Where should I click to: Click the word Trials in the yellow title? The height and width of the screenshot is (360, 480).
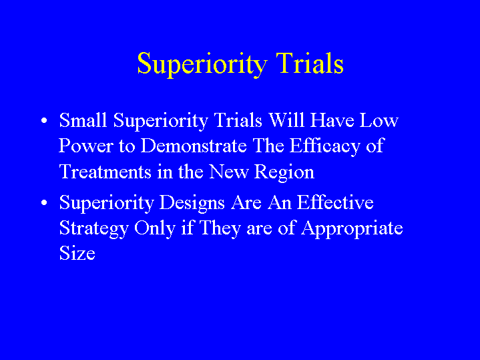pyautogui.click(x=310, y=63)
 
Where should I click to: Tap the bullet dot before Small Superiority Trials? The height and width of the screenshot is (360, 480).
pyautogui.click(x=44, y=121)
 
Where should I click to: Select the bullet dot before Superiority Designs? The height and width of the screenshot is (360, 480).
pyautogui.click(x=44, y=203)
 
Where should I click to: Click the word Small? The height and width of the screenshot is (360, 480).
pyautogui.click(x=83, y=120)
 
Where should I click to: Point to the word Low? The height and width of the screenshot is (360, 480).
pyautogui.click(x=379, y=120)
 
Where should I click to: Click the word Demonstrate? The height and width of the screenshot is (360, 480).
pyautogui.click(x=194, y=146)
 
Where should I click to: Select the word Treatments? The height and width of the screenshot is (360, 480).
pyautogui.click(x=105, y=172)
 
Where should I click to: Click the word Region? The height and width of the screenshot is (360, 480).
pyautogui.click(x=284, y=172)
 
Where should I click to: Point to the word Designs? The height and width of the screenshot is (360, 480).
pyautogui.click(x=192, y=203)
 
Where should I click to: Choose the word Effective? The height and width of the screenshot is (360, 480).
pyautogui.click(x=335, y=202)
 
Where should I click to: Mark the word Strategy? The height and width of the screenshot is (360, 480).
pyautogui.click(x=93, y=229)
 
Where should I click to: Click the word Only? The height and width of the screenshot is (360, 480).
pyautogui.click(x=155, y=229)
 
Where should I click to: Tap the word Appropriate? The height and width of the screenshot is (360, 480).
pyautogui.click(x=352, y=229)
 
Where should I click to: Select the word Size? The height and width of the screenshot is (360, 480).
pyautogui.click(x=77, y=253)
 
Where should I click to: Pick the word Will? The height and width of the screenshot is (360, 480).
pyautogui.click(x=286, y=120)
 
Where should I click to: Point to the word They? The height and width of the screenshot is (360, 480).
pyautogui.click(x=220, y=229)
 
